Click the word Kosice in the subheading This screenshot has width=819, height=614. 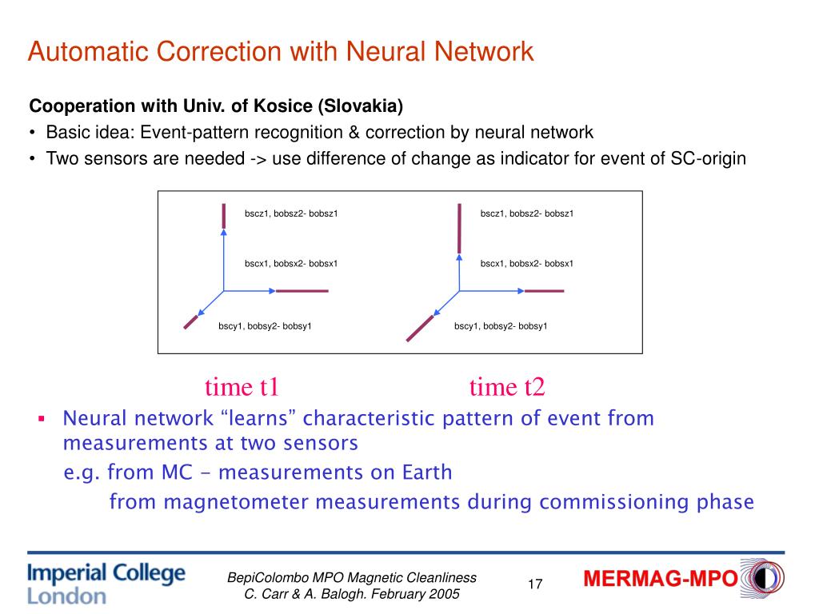pos(282,106)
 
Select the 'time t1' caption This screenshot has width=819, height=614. pos(242,388)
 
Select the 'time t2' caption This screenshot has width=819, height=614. pos(507,388)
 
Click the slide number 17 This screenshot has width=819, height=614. pos(535,584)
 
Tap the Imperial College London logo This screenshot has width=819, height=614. pos(106,584)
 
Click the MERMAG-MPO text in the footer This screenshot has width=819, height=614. pos(660,580)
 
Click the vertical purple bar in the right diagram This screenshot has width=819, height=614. pos(459,228)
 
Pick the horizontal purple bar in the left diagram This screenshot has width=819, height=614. pos(302,291)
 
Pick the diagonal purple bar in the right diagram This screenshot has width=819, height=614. pos(421,328)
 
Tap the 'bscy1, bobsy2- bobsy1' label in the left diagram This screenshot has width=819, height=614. pos(265,326)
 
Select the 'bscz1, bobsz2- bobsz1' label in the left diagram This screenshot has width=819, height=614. pos(291,213)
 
